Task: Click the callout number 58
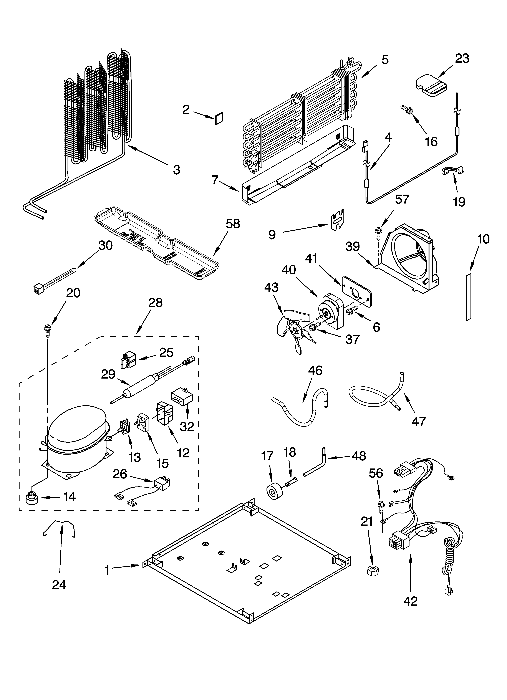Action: click(232, 224)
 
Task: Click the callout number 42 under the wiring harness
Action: click(410, 607)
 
